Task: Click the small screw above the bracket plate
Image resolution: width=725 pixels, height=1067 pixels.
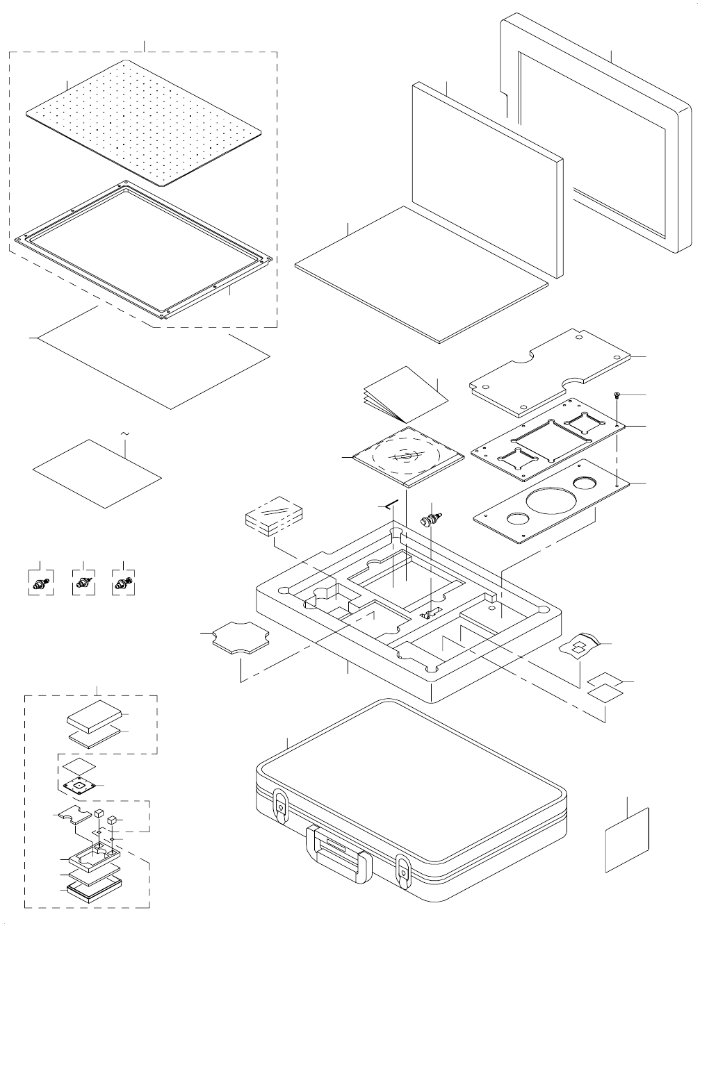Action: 617,395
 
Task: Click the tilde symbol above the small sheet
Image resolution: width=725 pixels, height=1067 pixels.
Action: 125,434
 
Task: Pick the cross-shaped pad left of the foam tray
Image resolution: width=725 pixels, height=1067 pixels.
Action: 240,638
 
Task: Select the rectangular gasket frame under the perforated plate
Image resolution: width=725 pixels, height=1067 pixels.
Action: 142,250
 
